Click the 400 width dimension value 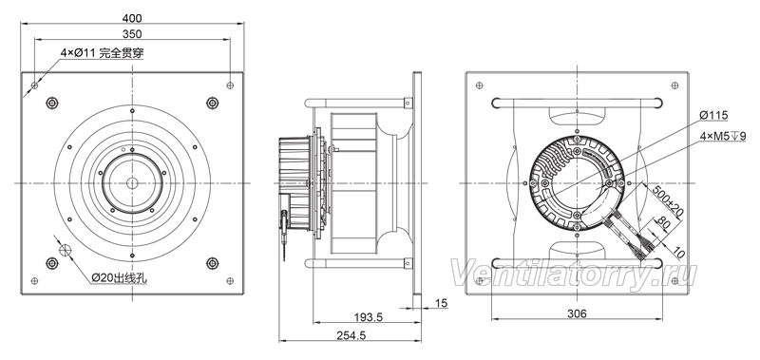132,18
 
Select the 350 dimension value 132,34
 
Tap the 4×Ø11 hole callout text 103,53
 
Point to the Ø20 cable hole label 120,278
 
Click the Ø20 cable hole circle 65,250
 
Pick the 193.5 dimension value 368,317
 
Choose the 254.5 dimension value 350,334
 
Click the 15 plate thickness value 442,304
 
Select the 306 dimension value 577,313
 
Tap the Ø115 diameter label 714,115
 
